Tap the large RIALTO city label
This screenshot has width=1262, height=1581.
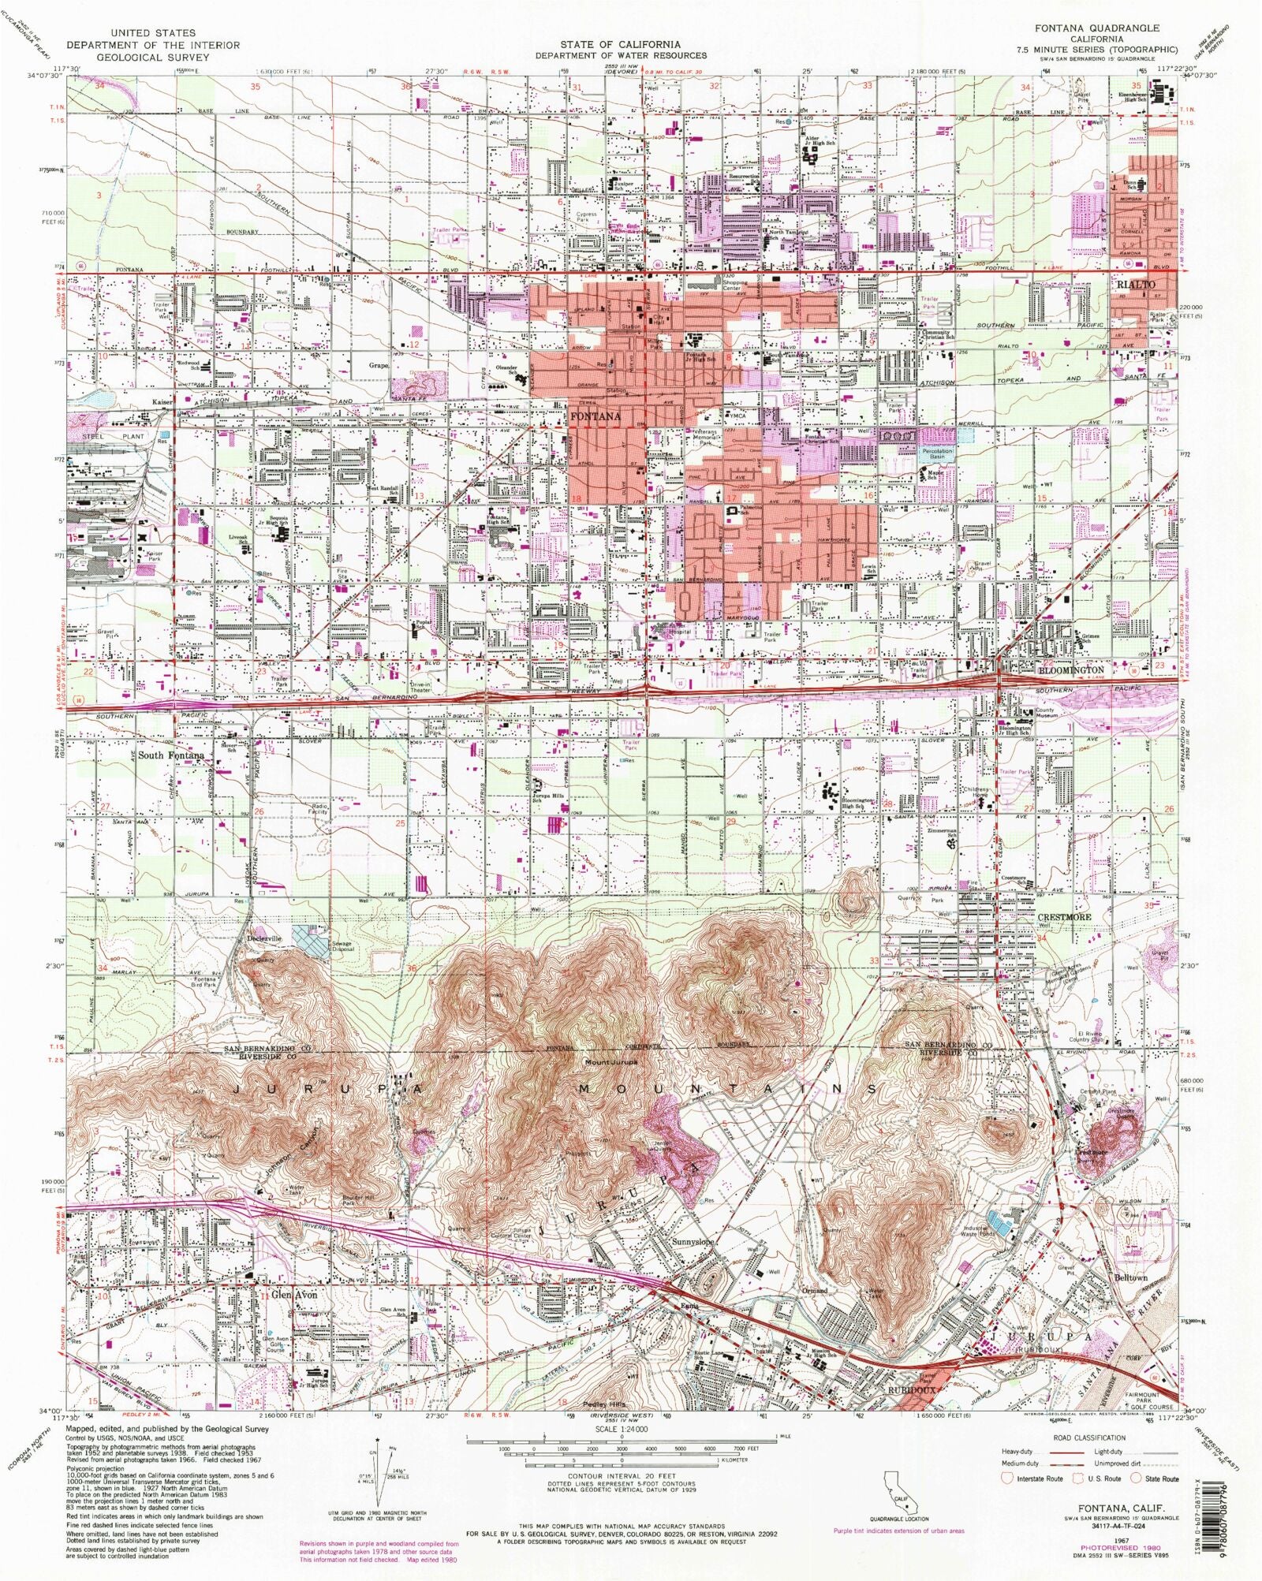(1136, 284)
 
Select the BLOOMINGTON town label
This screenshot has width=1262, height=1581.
(1070, 669)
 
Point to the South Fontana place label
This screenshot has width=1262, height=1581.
(171, 755)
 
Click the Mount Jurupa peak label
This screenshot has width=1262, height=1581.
(611, 1061)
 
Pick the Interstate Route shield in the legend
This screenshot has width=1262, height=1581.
(1007, 1478)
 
